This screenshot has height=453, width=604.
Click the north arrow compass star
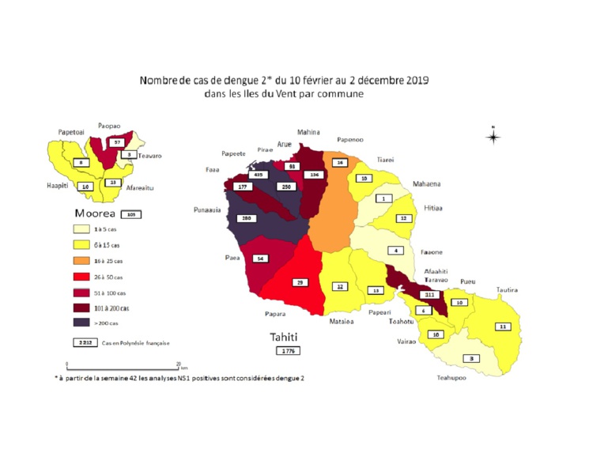[x=493, y=138]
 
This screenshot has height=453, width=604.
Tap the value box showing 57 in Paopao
[x=117, y=142]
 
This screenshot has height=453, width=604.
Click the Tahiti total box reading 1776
[x=286, y=349]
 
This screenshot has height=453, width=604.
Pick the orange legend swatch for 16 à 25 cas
[x=79, y=260]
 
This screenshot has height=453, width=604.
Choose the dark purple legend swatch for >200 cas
[x=79, y=322]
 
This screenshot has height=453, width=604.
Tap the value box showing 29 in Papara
[x=300, y=281]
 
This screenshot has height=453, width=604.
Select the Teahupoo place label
[x=453, y=378]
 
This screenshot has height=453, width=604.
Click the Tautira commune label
[x=508, y=290]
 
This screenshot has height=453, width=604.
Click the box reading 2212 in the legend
[x=79, y=342]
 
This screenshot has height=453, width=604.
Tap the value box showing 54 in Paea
[x=260, y=258]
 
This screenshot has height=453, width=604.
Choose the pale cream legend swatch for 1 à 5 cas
[x=79, y=228]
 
